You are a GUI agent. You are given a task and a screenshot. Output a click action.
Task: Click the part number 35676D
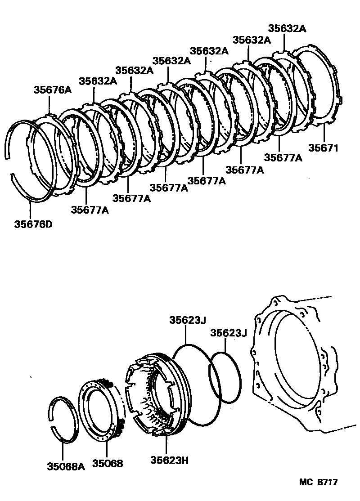(x=31, y=223)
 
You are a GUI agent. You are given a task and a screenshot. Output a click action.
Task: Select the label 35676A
(x=53, y=90)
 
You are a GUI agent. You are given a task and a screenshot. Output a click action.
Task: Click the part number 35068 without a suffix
(x=108, y=463)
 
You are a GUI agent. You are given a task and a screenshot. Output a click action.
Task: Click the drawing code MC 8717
(x=318, y=482)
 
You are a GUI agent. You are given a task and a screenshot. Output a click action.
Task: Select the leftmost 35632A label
(x=98, y=81)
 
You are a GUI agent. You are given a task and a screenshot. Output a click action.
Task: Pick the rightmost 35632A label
(x=287, y=28)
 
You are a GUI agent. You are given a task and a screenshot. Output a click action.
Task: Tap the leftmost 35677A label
(x=90, y=209)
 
